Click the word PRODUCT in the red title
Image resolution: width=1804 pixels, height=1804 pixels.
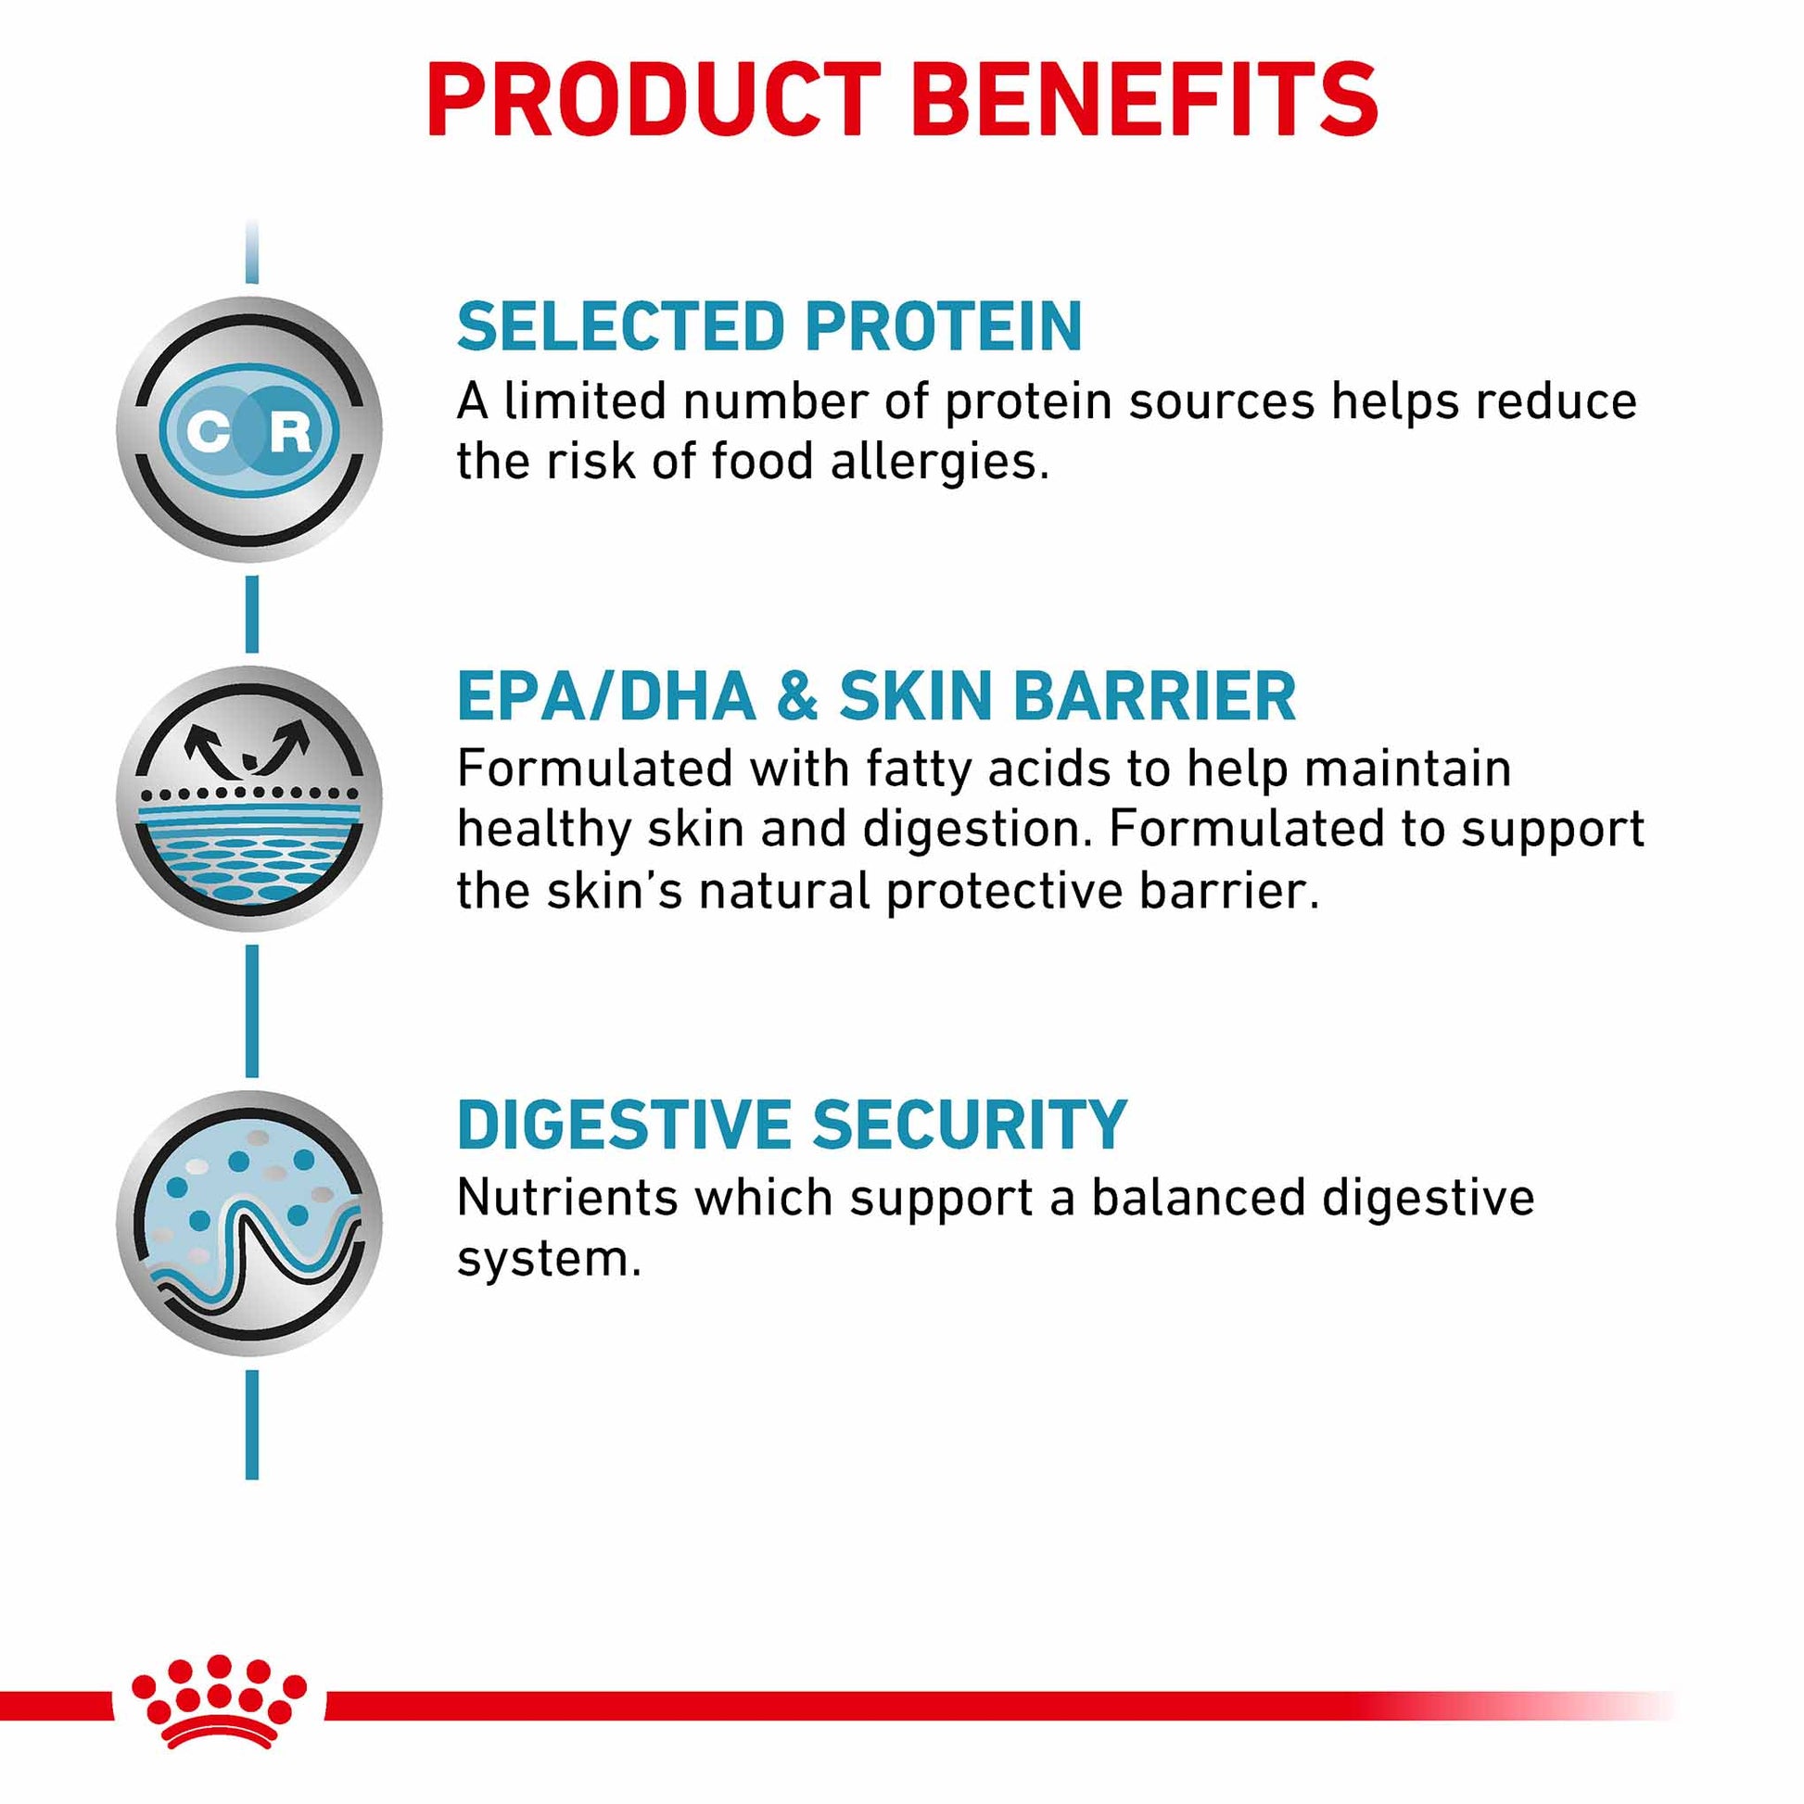point(654,100)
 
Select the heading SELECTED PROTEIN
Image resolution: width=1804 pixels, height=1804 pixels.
point(769,327)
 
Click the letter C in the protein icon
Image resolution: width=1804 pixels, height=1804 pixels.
point(208,431)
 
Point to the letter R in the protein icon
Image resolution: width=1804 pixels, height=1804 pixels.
point(290,431)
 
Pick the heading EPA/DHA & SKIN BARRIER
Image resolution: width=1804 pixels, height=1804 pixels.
point(876,696)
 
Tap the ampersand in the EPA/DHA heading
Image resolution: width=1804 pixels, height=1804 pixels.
point(796,696)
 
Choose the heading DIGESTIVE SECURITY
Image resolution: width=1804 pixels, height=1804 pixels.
point(792,1124)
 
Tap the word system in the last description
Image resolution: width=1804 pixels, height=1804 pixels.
point(548,1260)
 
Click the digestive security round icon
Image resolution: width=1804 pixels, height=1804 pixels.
point(249,1223)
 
